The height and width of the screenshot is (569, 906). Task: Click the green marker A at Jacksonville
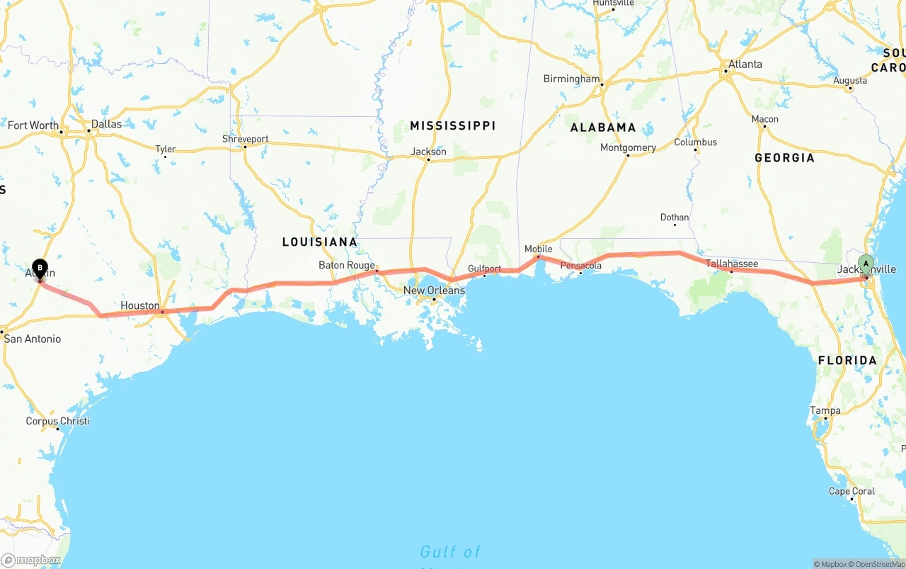pos(865,264)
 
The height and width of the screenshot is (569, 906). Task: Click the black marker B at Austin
pos(40,269)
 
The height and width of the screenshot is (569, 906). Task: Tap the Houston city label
pos(140,305)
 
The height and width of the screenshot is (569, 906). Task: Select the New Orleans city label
pos(434,291)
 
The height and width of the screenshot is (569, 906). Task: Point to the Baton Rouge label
pos(346,265)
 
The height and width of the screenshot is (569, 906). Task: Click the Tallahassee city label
pos(731,264)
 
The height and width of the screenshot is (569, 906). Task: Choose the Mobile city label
pos(538,249)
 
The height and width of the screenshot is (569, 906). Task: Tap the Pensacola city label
pos(580,266)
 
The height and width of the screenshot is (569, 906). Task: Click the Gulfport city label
pos(484,269)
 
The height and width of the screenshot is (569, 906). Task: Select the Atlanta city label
pos(745,64)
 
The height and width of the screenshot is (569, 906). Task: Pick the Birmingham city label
pos(571,79)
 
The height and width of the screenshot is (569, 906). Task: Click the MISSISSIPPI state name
pos(452,125)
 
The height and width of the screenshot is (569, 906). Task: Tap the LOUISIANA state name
pos(319,242)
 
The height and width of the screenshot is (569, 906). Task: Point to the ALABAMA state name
pos(603,128)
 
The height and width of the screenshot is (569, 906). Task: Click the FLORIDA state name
pos(847,360)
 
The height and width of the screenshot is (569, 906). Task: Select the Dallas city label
pos(106,123)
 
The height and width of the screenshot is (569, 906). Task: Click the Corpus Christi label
pos(57,421)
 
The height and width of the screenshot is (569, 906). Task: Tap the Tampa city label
pos(825,410)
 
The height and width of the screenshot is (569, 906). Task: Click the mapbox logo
pos(31,560)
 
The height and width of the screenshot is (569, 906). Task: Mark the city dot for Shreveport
pos(246,147)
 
